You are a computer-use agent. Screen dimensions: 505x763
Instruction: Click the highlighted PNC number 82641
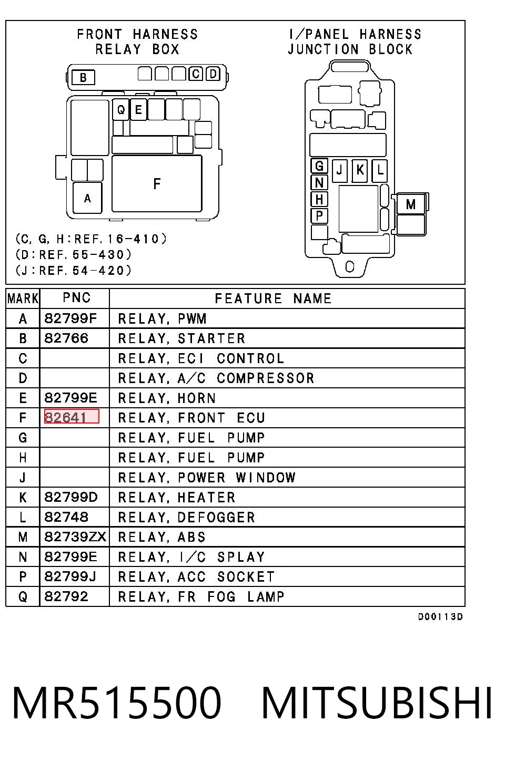[x=72, y=417]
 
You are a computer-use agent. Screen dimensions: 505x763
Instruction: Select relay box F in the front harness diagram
[x=157, y=183]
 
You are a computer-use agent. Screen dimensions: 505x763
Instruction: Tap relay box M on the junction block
[x=411, y=204]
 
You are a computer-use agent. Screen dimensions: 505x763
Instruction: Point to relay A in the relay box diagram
[x=87, y=198]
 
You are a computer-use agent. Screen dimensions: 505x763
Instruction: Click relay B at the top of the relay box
[x=83, y=78]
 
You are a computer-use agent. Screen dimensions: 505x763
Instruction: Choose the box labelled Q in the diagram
[x=120, y=109]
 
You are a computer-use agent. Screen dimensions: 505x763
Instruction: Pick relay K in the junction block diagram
[x=360, y=170]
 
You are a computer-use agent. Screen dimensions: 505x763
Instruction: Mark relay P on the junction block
[x=319, y=216]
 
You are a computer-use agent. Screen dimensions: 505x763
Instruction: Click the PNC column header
[x=77, y=298]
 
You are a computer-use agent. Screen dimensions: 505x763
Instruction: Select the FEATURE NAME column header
[x=273, y=298]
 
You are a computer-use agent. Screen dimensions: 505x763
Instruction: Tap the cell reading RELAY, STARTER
[x=181, y=338]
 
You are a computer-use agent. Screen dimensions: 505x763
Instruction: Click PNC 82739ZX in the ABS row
[x=75, y=537]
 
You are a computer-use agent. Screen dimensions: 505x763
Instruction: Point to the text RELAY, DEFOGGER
[x=187, y=517]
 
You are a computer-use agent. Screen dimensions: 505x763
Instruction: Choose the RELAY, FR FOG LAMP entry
[x=201, y=596]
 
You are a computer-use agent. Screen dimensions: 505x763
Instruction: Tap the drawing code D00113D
[x=440, y=616]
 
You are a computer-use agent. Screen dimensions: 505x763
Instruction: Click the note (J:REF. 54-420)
[x=73, y=271]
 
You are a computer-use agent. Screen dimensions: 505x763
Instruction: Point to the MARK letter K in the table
[x=23, y=497]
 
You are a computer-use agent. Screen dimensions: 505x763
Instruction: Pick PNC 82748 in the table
[x=66, y=517]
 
